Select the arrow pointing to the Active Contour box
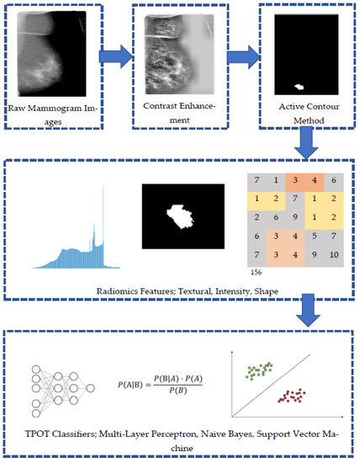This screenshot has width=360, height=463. [239, 57]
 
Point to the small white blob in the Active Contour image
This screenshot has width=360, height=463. [299, 86]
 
